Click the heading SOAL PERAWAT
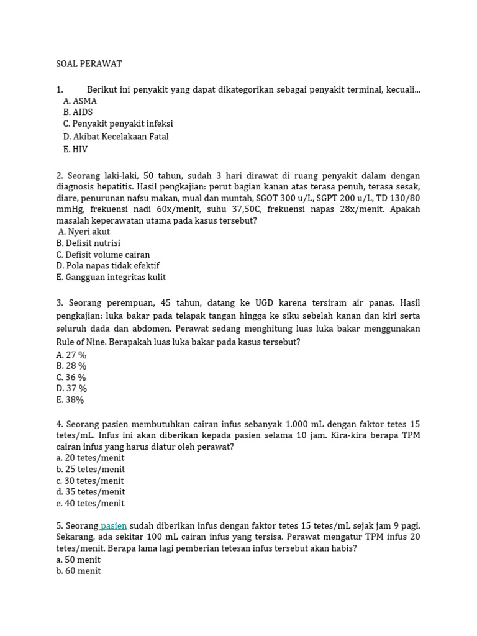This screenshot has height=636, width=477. click(x=89, y=64)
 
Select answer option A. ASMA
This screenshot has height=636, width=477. click(x=80, y=101)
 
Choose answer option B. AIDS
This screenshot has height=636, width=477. click(x=78, y=112)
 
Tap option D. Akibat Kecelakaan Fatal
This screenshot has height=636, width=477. click(x=116, y=137)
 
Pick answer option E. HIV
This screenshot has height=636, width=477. click(x=75, y=149)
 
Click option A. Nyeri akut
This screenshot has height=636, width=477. click(x=84, y=232)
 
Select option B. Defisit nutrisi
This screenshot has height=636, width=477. click(x=88, y=243)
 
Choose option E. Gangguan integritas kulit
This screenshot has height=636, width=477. click(x=111, y=278)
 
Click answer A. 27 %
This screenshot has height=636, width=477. click(x=71, y=355)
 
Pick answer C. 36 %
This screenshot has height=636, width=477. click(x=71, y=378)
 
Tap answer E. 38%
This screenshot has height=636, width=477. click(x=70, y=400)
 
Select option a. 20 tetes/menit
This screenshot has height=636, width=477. click(x=90, y=458)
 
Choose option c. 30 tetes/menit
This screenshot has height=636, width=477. click(x=90, y=481)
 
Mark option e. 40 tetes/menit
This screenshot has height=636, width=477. click(x=90, y=504)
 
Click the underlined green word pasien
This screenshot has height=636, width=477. click(x=114, y=526)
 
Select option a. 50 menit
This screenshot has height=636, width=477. click(x=78, y=560)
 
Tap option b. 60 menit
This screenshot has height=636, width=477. click(x=78, y=571)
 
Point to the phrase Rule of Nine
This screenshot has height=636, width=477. click(x=81, y=342)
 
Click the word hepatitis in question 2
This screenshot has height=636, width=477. click(x=117, y=186)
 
